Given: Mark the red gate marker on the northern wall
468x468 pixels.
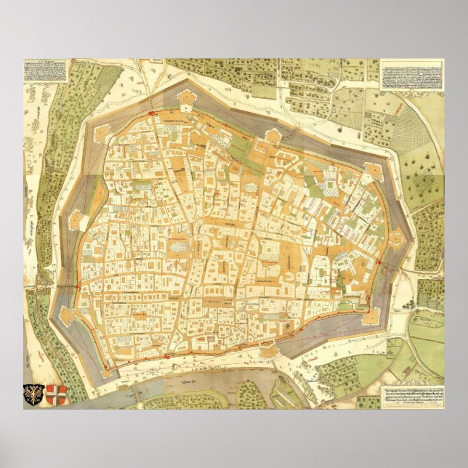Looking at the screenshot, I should (152, 113).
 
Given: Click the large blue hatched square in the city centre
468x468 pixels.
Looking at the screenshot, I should (177, 248).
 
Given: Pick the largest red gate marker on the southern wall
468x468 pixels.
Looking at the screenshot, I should (168, 357).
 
